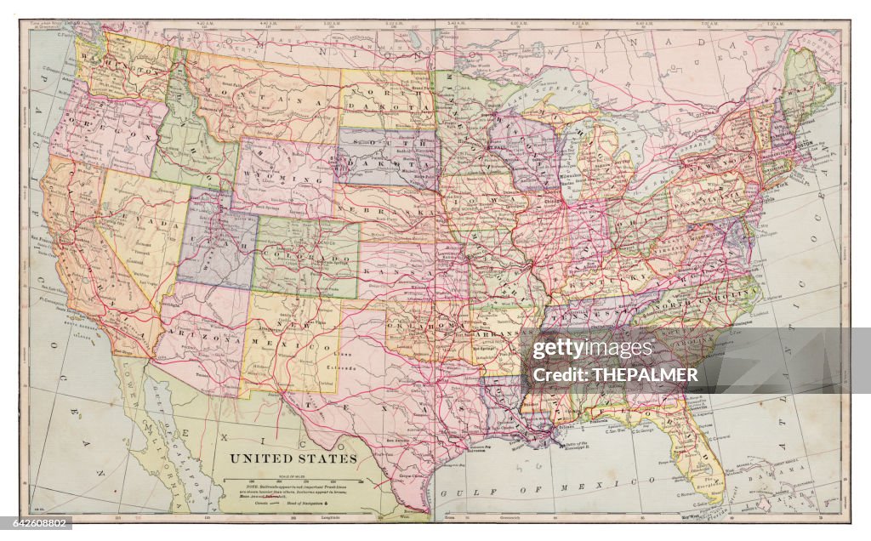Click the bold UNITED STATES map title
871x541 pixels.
pyautogui.click(x=292, y=458)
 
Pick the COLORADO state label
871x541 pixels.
pyautogui.click(x=305, y=256)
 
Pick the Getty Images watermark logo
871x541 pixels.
pyautogui.click(x=593, y=349)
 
